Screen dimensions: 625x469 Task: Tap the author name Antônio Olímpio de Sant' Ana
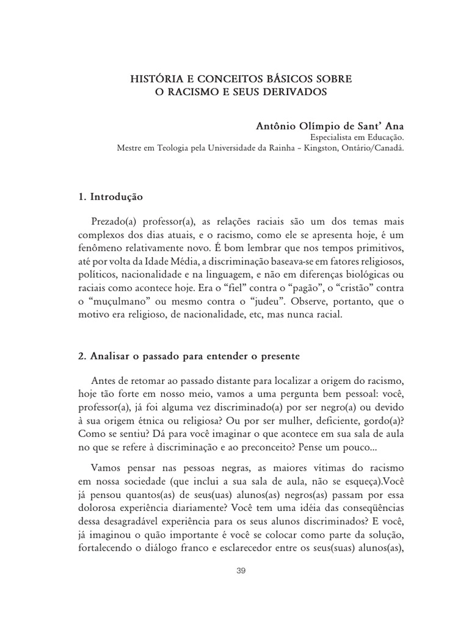pos(329,126)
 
